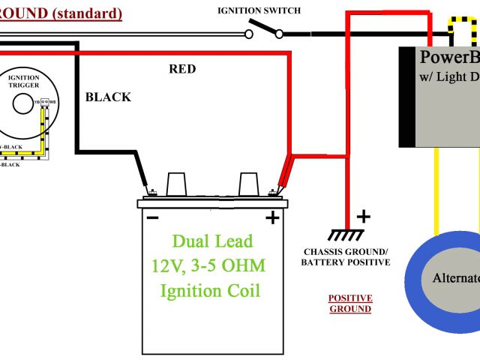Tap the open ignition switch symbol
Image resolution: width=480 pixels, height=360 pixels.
(x=263, y=31)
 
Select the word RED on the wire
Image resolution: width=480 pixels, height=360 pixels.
(x=182, y=69)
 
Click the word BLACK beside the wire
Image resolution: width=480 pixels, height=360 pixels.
(x=108, y=97)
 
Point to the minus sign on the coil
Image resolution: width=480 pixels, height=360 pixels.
(x=152, y=218)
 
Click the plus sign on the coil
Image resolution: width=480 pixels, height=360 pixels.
(x=271, y=218)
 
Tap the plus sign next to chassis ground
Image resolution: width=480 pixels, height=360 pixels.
(x=363, y=217)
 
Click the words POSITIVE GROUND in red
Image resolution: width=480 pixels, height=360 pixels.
(x=350, y=303)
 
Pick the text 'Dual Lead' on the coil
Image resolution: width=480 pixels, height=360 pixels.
(x=212, y=241)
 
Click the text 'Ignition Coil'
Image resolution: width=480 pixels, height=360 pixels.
(x=212, y=289)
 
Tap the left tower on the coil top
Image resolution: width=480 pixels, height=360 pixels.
(x=176, y=184)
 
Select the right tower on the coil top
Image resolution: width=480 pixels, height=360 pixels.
(x=248, y=184)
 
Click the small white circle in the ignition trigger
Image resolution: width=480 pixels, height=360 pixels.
(x=22, y=103)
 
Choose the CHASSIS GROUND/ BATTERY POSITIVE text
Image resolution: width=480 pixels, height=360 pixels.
(x=346, y=256)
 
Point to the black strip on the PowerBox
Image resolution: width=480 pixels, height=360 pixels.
(x=406, y=97)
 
